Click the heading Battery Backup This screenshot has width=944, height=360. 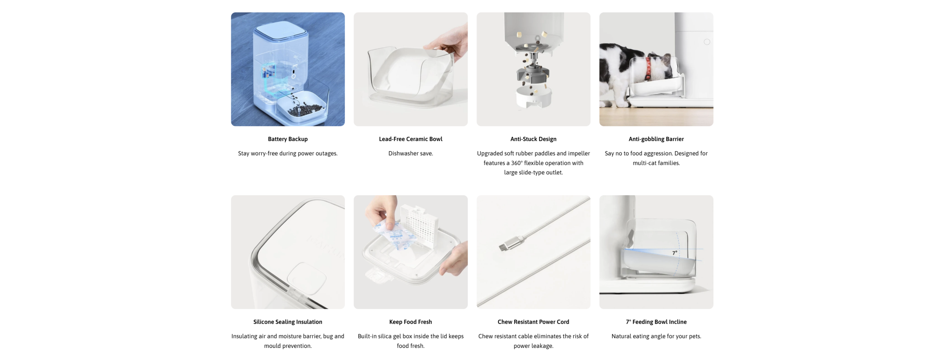point(288,139)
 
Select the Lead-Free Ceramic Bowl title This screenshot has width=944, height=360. point(410,139)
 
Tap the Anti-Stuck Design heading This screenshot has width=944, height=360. point(533,139)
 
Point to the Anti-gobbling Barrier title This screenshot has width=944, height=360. point(656,139)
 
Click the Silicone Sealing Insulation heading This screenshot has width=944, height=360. point(288,322)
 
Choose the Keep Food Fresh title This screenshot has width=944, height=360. point(410,322)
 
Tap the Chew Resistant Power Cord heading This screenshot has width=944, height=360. point(533,322)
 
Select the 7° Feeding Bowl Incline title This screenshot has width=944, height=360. point(656,322)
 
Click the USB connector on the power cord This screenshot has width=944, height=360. point(511,244)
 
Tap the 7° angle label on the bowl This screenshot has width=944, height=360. point(674,253)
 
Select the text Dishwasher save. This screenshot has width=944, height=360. point(410,153)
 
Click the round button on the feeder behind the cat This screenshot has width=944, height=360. point(707,42)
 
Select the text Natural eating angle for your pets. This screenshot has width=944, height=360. point(656,336)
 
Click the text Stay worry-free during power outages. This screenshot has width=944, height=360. point(288,153)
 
